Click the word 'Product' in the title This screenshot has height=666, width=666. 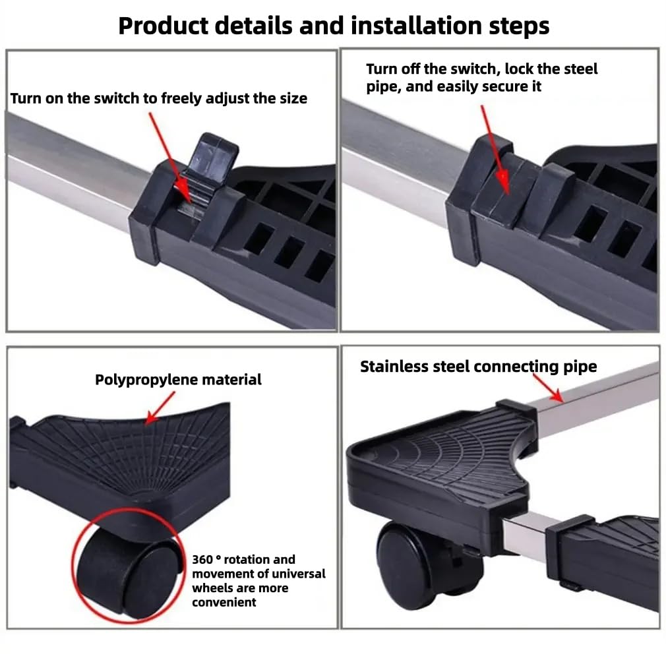point(163,26)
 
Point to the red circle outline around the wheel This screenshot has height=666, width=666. point(73,565)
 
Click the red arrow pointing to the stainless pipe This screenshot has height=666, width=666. point(548,387)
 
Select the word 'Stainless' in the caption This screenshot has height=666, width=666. point(394,367)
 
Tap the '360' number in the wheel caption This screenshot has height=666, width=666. point(202,559)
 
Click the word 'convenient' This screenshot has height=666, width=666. point(224,602)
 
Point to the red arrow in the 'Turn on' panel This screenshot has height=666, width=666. point(170,156)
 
